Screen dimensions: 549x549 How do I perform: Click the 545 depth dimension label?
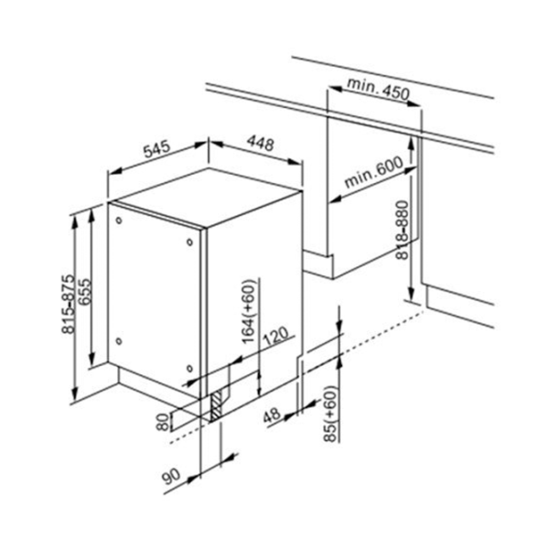click(x=157, y=149)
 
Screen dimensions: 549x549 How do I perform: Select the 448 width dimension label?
click(x=260, y=144)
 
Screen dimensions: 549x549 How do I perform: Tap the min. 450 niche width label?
click(x=378, y=88)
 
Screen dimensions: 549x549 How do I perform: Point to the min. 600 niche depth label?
click(x=373, y=172)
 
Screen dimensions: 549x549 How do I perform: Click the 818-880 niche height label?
click(x=402, y=230)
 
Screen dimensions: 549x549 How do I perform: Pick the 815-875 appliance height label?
click(x=68, y=304)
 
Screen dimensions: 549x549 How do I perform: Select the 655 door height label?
click(x=85, y=291)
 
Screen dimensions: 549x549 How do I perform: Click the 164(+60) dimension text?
click(x=249, y=311)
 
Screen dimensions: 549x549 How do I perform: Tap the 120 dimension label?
click(x=275, y=337)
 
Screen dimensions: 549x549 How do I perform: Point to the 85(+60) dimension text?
click(x=330, y=414)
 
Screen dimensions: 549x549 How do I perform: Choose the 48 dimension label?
click(x=272, y=415)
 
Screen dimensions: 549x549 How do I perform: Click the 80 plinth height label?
click(x=162, y=423)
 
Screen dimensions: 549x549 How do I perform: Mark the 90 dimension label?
click(x=172, y=476)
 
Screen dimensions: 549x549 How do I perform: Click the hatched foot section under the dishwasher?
click(x=216, y=406)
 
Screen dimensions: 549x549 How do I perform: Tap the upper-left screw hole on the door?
click(x=119, y=221)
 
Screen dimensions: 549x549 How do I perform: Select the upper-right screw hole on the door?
click(x=189, y=242)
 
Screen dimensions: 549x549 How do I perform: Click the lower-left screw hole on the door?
click(x=119, y=341)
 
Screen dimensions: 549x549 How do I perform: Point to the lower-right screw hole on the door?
click(x=189, y=369)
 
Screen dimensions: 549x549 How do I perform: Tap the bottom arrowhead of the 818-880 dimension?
click(x=412, y=291)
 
